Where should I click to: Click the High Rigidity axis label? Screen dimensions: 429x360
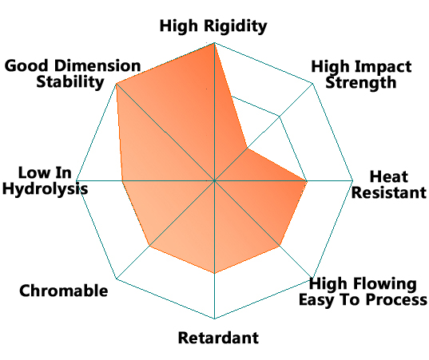click(213, 26)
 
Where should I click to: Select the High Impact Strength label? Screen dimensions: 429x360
click(361, 74)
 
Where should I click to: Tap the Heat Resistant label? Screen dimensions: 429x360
click(388, 184)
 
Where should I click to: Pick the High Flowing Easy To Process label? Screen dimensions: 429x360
click(363, 291)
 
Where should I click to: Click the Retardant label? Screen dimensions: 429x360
click(218, 338)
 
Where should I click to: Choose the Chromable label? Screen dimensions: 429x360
click(63, 291)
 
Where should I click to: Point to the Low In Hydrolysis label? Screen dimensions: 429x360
click(46, 180)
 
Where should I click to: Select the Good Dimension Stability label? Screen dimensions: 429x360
click(73, 73)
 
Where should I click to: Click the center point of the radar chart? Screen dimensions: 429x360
click(214, 180)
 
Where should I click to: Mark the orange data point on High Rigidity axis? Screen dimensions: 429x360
click(214, 43)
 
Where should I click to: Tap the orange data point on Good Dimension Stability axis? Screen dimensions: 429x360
click(117, 84)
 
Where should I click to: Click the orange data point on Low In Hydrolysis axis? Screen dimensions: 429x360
click(122, 180)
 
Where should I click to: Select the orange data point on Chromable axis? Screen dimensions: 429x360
click(149, 246)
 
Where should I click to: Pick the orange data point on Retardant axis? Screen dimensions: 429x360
click(214, 273)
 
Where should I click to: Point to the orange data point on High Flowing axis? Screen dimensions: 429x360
click(280, 246)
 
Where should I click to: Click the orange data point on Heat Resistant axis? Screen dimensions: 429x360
click(307, 180)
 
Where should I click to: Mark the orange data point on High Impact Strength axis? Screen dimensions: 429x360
click(247, 148)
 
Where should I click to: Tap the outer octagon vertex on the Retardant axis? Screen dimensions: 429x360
click(214, 318)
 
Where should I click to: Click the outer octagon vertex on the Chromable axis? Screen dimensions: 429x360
click(117, 279)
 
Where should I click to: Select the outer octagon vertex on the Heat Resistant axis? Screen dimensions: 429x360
click(352, 180)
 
